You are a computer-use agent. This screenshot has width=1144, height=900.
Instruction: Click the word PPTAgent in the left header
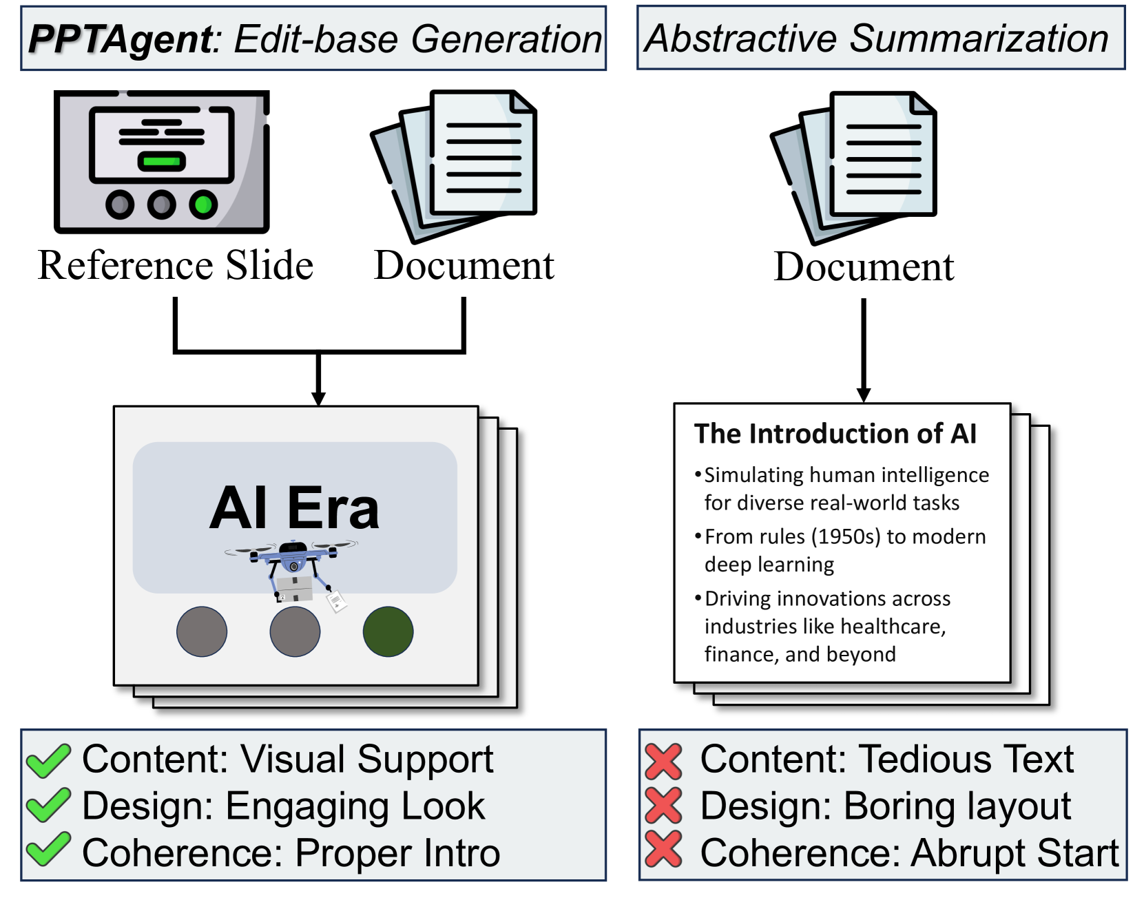coord(121,39)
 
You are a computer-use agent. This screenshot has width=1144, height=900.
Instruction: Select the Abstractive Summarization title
coord(877,39)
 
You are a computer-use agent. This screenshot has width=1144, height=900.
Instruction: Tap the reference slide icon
coord(162,162)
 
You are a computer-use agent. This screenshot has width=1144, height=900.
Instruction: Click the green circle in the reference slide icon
coord(203,205)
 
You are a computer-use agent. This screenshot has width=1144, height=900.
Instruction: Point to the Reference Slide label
coord(176,265)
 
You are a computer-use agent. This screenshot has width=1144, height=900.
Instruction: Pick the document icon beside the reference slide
coord(455,165)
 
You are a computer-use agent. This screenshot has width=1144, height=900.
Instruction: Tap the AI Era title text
coord(295,508)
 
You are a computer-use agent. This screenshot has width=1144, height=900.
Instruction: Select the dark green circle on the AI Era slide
coord(388,631)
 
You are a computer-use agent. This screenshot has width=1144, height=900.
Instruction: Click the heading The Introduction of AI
coord(835,434)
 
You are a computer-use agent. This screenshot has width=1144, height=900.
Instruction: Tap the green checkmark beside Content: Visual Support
coord(48,761)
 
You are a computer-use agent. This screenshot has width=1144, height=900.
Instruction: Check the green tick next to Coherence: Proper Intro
coord(48,850)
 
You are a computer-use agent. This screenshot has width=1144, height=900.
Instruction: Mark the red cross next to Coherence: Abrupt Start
coord(664,850)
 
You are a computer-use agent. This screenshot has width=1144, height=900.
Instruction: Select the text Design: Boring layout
coord(885,806)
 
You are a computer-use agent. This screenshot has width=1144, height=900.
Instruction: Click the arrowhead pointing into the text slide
coord(864,395)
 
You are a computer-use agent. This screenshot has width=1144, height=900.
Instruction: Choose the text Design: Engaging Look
coord(283,806)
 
